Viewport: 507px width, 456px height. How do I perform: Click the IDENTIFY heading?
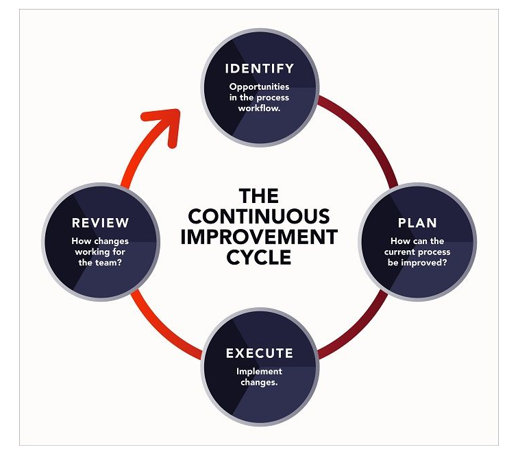(x=260, y=69)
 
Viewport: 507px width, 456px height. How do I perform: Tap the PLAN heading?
(x=417, y=223)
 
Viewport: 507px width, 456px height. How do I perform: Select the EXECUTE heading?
(x=260, y=354)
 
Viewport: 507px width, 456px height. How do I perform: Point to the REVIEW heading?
(x=100, y=223)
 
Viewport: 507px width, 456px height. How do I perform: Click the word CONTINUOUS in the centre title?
(x=259, y=217)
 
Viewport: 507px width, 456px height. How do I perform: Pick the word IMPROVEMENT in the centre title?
(x=259, y=237)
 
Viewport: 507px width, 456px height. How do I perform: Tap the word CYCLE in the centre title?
(x=259, y=257)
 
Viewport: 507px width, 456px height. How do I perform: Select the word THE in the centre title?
(x=259, y=197)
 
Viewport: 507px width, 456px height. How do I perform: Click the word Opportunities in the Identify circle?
(x=260, y=87)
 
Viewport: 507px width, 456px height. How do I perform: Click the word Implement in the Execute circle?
(x=260, y=372)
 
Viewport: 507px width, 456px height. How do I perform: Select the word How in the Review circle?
(x=81, y=241)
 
